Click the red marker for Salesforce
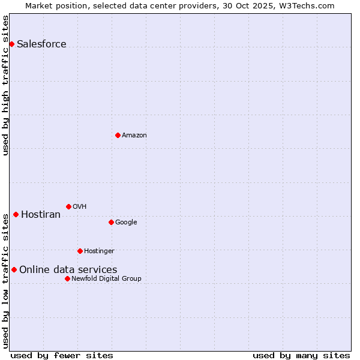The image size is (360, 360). (x=11, y=44)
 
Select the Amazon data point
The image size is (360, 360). (x=118, y=135)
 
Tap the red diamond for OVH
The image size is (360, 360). (x=68, y=206)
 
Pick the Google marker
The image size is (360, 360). (x=111, y=222)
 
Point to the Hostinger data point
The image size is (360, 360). (x=80, y=251)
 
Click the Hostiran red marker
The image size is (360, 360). (x=16, y=214)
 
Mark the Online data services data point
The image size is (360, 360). (x=14, y=269)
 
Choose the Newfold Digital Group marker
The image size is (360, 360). (x=67, y=278)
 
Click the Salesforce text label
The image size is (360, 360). (x=41, y=44)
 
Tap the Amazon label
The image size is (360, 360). (x=134, y=136)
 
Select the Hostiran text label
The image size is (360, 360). (x=41, y=215)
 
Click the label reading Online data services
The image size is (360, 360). (x=68, y=270)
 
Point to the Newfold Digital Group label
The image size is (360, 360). (x=106, y=279)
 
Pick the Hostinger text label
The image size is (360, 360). (x=99, y=251)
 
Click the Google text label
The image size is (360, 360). (x=126, y=223)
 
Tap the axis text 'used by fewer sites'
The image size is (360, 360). (x=62, y=355)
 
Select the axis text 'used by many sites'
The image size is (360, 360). (x=301, y=355)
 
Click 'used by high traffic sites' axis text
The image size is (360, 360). (x=6, y=85)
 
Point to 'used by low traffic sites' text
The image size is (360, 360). (x=6, y=281)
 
